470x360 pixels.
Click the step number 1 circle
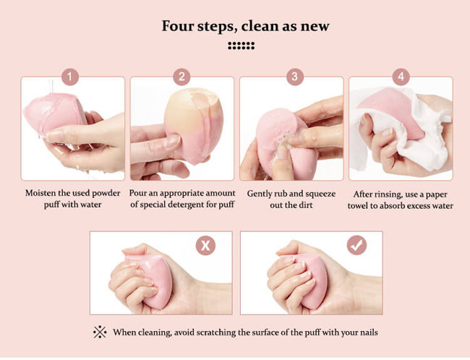tap(70, 77)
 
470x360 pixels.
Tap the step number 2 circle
tap(181, 77)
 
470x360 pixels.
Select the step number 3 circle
tap(295, 77)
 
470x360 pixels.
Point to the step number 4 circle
tap(401, 77)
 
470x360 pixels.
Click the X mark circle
tap(205, 246)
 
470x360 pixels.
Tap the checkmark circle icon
tap(356, 246)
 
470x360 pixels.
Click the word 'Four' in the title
tap(178, 26)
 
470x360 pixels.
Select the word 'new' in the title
tap(315, 27)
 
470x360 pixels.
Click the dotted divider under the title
tap(242, 46)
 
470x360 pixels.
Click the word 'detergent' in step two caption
tap(186, 205)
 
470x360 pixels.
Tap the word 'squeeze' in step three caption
tap(320, 194)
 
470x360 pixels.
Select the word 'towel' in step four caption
tap(358, 206)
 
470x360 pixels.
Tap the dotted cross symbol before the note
tap(100, 332)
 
